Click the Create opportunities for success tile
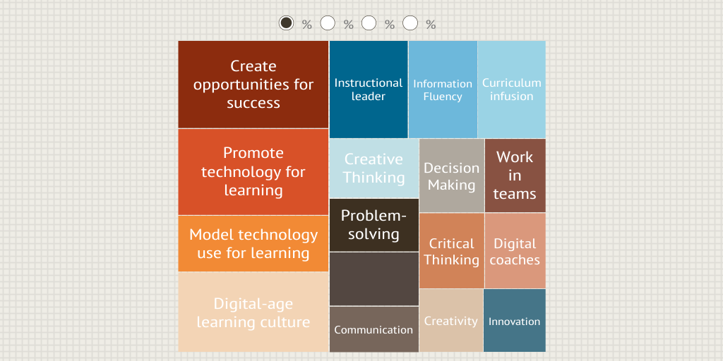(x=253, y=85)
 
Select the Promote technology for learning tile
(x=253, y=172)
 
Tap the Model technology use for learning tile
(x=253, y=243)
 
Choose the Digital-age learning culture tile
(x=253, y=312)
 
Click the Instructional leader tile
(x=369, y=90)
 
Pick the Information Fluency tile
(x=443, y=90)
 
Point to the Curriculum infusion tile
(x=512, y=90)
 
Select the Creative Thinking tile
(x=374, y=169)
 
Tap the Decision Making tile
(x=452, y=176)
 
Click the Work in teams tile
(x=515, y=176)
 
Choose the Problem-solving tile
(x=374, y=225)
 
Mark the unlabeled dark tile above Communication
(x=374, y=279)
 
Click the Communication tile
(x=374, y=329)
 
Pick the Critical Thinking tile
(x=452, y=251)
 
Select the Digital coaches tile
(x=515, y=251)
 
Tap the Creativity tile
(x=451, y=321)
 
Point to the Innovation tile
(x=515, y=321)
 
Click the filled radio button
(x=287, y=23)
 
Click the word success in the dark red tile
(x=253, y=103)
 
